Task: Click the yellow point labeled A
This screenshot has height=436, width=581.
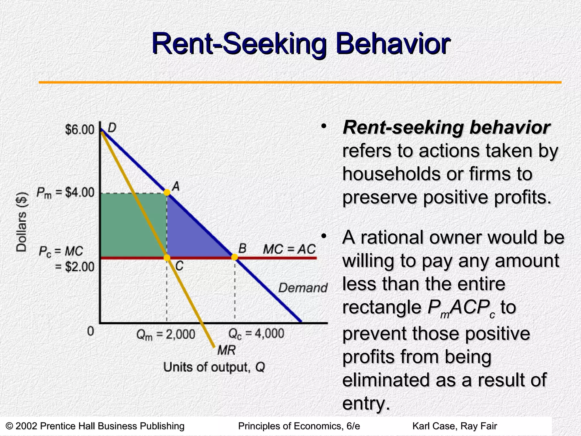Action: pos(167,192)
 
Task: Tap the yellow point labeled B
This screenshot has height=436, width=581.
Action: pos(234,257)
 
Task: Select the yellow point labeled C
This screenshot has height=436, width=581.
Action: pos(167,258)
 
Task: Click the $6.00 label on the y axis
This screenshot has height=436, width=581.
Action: pos(80,130)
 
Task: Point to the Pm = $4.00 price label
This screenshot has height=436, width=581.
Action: pos(66,193)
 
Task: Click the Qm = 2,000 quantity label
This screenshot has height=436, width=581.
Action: pos(166,334)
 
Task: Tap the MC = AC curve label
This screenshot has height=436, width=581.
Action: pos(289,250)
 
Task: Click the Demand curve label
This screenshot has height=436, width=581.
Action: pos(303,288)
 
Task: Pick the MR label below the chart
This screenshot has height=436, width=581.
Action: pos(226,351)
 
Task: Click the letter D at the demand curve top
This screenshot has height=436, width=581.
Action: pos(112,128)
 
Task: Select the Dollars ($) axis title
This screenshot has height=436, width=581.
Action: pos(22,222)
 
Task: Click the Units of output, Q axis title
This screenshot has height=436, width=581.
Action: pos(214,367)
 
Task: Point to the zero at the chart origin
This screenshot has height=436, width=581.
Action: pos(90,331)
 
